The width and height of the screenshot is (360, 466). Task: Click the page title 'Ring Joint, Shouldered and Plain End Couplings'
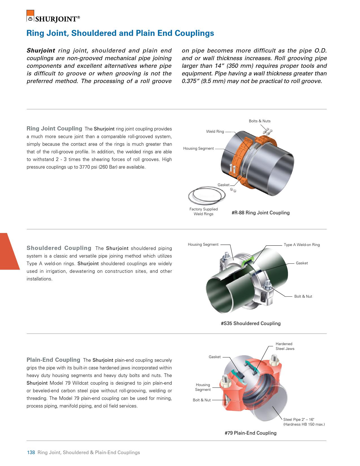point(120,33)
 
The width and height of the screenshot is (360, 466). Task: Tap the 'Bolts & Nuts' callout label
point(259,121)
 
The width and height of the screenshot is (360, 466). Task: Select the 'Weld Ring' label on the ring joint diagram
point(215,132)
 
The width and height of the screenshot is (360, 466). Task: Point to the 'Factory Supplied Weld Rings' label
point(203,212)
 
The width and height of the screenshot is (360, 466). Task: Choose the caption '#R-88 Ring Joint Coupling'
point(260,213)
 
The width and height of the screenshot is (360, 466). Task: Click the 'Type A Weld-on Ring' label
point(302,245)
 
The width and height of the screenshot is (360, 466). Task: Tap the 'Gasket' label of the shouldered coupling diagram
point(302,263)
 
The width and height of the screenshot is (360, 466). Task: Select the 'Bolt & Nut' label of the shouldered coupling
point(303,297)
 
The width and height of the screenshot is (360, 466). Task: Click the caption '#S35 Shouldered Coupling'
point(250,323)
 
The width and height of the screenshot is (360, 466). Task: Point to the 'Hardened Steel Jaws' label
point(285,346)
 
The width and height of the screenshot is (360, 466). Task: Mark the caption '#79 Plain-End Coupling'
point(250,433)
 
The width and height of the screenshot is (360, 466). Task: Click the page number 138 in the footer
point(31,452)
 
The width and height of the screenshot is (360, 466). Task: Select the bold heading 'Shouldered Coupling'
point(59,248)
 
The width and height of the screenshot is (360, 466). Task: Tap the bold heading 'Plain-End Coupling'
point(53,360)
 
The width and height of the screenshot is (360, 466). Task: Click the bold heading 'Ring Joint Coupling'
point(54,129)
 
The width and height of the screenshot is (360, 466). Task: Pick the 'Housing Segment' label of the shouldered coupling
point(203,245)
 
